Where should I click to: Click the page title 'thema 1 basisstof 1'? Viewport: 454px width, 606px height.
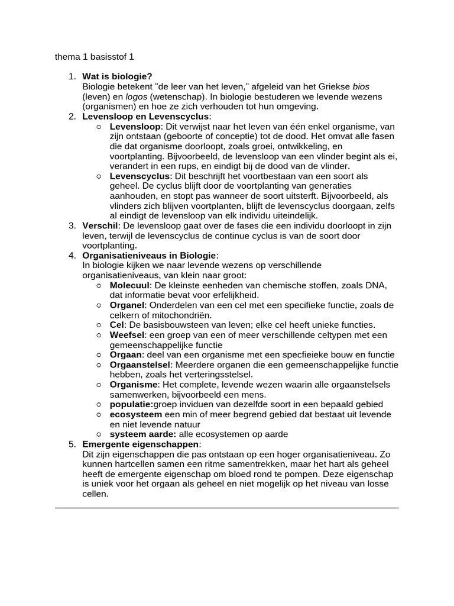pyautogui.click(x=95, y=57)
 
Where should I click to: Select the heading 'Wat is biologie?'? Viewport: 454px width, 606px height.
pyautogui.click(x=117, y=76)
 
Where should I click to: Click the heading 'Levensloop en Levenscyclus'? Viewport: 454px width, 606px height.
pyautogui.click(x=145, y=117)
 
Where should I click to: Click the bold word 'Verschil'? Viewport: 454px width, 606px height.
pyautogui.click(x=100, y=226)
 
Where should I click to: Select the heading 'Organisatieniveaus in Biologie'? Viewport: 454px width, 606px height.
pyautogui.click(x=150, y=256)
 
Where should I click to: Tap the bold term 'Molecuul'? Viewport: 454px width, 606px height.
pyautogui.click(x=130, y=286)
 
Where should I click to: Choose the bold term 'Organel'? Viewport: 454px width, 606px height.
pyautogui.click(x=127, y=305)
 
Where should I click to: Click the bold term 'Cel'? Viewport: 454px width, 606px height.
pyautogui.click(x=117, y=325)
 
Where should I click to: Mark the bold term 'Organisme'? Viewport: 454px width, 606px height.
pyautogui.click(x=133, y=385)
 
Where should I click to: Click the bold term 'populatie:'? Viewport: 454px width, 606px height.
pyautogui.click(x=132, y=405)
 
